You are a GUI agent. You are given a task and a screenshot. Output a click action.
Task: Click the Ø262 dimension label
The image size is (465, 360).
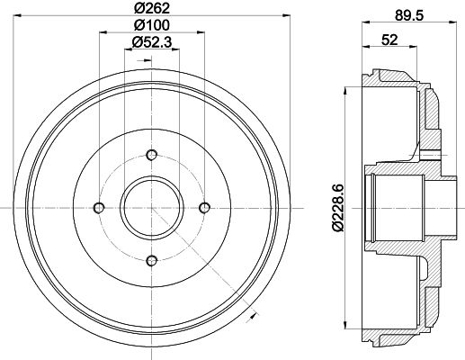pyautogui.click(x=152, y=8)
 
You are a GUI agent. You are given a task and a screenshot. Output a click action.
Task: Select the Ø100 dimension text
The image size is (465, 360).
pyautogui.click(x=152, y=25)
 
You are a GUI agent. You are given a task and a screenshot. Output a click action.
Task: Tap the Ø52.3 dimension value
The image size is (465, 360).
pyautogui.click(x=152, y=42)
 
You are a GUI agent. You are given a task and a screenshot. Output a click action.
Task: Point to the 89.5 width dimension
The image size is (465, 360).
pyautogui.click(x=409, y=15)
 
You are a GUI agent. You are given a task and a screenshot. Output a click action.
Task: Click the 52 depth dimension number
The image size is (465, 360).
pyautogui.click(x=389, y=40)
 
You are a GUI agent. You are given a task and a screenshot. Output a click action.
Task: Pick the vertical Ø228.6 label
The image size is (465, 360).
pyautogui.click(x=337, y=208)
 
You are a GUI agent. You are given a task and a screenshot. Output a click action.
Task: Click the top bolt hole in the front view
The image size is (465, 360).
pyautogui.click(x=152, y=155)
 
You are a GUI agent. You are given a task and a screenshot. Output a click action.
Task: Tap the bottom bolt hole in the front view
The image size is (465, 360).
pyautogui.click(x=152, y=260)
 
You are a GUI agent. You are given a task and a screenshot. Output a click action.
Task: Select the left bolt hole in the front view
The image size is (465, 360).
pyautogui.click(x=99, y=208)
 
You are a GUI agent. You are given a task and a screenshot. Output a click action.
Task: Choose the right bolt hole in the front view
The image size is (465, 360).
pyautogui.click(x=205, y=207)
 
